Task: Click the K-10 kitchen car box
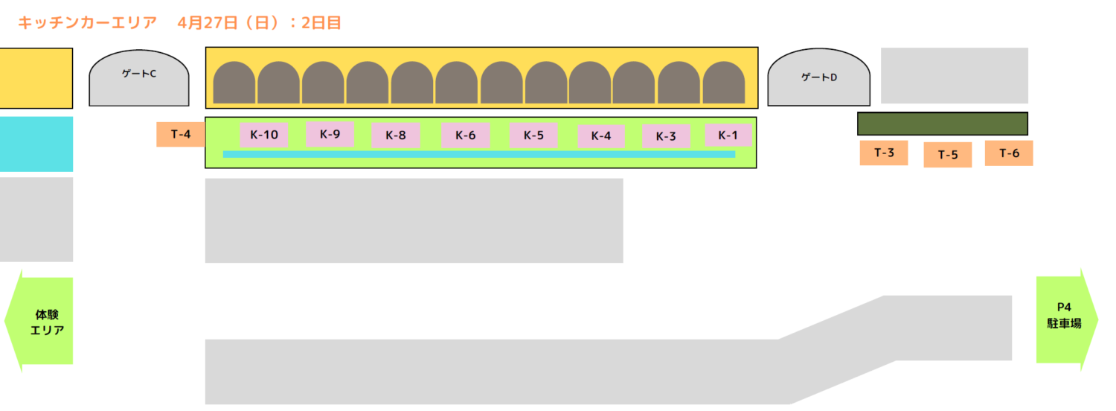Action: click(x=264, y=135)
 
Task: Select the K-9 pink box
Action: click(x=330, y=134)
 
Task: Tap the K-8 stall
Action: click(x=396, y=136)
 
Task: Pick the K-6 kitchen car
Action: click(x=465, y=136)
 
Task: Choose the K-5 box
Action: click(x=533, y=136)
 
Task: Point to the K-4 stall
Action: click(x=601, y=136)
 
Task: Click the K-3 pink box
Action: click(x=666, y=136)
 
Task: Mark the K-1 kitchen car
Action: click(x=728, y=135)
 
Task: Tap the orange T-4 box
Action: click(x=181, y=134)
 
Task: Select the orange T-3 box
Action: click(x=884, y=153)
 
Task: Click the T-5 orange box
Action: click(x=948, y=155)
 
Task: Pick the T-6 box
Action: click(x=1009, y=153)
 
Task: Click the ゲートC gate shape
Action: click(x=139, y=78)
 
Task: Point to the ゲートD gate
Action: click(x=819, y=77)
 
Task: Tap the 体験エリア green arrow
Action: click(x=39, y=321)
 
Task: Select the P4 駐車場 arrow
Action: click(x=1067, y=320)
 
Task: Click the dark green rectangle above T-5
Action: click(x=943, y=124)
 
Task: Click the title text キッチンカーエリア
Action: click(x=88, y=23)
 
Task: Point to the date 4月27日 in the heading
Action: click(x=208, y=23)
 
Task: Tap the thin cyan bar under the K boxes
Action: click(x=479, y=155)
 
